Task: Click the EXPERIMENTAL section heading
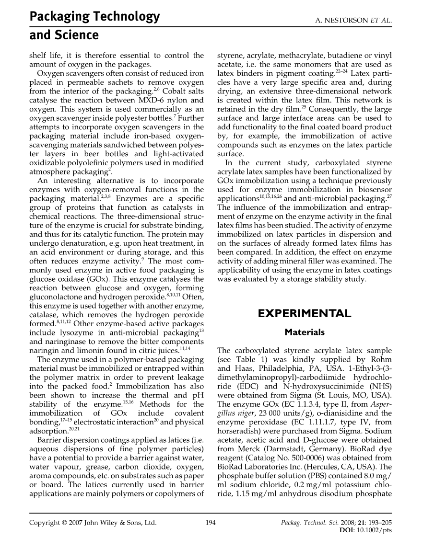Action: coord(304,314)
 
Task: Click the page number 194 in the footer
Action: coord(211,523)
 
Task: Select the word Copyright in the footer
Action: coord(46,523)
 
